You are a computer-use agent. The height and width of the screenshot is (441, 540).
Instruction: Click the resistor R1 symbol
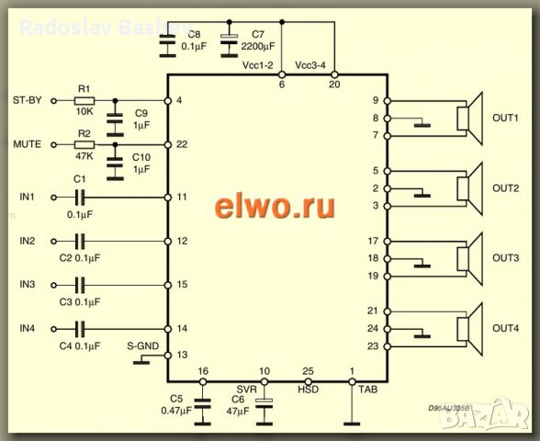[84, 99]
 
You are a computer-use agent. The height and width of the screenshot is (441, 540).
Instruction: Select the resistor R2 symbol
[84, 144]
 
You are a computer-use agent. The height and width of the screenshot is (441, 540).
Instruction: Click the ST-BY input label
[28, 99]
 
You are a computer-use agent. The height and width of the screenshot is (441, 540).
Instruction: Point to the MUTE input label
[27, 144]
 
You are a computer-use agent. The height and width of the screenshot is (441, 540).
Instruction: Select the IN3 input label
[28, 285]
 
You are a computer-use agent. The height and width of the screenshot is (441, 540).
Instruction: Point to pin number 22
[182, 145]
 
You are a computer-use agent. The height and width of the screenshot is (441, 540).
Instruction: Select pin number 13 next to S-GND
[182, 354]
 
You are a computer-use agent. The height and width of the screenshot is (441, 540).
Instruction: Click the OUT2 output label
[505, 188]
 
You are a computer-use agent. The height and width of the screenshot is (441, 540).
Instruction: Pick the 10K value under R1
[85, 112]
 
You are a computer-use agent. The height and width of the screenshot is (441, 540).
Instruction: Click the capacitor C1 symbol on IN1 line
[80, 197]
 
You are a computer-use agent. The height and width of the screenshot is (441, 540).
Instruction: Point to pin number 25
[309, 371]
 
